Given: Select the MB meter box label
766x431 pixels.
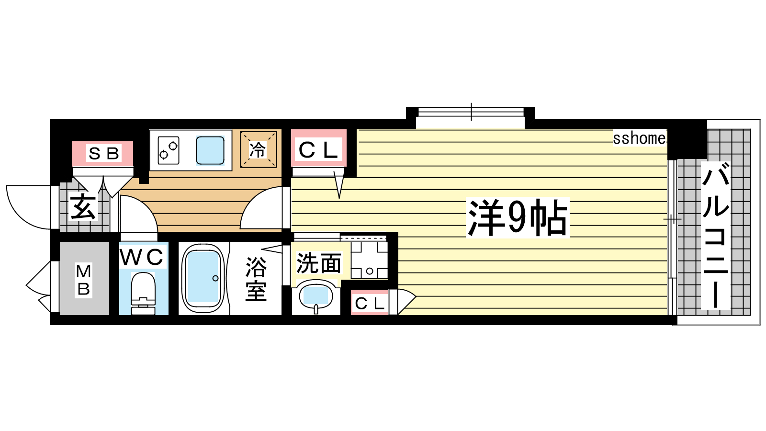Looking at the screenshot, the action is (84, 280).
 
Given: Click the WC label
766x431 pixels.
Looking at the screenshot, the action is (142, 257).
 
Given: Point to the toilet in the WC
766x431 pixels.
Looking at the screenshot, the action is (143, 294).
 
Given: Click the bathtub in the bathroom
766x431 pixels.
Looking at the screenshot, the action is (203, 278).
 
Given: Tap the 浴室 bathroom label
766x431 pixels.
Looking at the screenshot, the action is (256, 279).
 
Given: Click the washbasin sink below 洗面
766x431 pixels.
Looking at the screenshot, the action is (316, 296).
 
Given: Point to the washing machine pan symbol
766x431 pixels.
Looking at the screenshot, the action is (369, 260).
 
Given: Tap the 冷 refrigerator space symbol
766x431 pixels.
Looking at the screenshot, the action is (258, 149).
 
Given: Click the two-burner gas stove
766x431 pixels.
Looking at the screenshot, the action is (168, 150).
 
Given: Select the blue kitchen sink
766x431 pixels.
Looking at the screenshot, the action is (210, 150).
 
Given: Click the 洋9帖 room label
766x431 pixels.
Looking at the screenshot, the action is (518, 218).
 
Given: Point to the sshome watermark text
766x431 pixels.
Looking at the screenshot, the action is (639, 138).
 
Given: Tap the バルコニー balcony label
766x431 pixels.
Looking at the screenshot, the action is (715, 235).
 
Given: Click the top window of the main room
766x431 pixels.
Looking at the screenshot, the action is (471, 112).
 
